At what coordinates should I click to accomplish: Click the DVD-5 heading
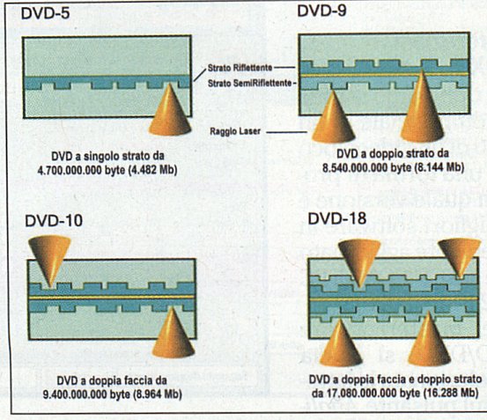(x=45, y=13)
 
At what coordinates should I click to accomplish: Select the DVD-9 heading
(x=321, y=11)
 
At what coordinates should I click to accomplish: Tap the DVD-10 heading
(x=54, y=221)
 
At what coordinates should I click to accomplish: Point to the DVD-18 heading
(x=337, y=218)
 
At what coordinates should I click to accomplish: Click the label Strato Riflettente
(x=240, y=68)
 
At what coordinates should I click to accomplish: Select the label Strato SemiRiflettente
(x=250, y=83)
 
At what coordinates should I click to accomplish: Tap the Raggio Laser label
(x=235, y=131)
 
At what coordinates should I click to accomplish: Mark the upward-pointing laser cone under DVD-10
(x=173, y=333)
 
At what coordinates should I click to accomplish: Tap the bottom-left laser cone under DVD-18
(x=341, y=342)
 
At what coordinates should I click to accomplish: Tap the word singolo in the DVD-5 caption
(x=92, y=156)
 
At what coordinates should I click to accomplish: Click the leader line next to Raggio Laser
(x=287, y=132)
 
